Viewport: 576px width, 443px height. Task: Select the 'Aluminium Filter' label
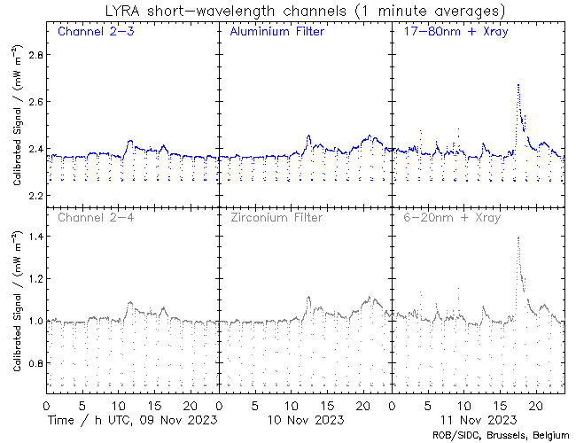(276, 33)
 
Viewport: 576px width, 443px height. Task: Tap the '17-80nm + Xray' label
(451, 33)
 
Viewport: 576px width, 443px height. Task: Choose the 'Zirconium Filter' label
(276, 217)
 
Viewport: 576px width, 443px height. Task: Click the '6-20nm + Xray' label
(451, 217)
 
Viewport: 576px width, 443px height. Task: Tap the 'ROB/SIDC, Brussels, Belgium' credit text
(500, 435)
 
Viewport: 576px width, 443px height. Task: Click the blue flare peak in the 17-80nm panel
(518, 85)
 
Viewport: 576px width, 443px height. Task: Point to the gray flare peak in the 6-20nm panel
(518, 237)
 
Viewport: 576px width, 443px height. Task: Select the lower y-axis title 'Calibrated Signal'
(17, 306)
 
